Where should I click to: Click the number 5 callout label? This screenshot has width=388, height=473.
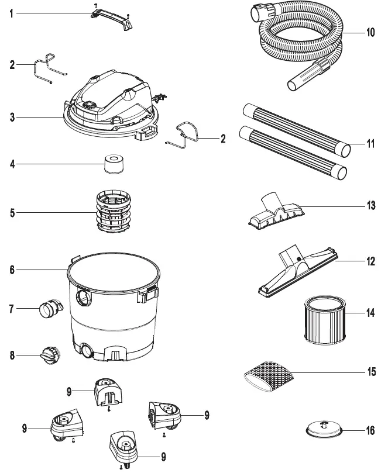12,213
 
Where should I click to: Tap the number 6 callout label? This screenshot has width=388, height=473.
12,270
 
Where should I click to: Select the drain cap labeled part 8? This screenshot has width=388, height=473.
47,354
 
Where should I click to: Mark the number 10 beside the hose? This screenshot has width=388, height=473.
370,33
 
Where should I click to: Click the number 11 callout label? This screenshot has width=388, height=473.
370,143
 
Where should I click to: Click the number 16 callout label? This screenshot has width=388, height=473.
370,431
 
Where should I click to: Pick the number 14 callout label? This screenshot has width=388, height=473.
370,313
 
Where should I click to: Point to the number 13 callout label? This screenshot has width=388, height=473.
370,206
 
